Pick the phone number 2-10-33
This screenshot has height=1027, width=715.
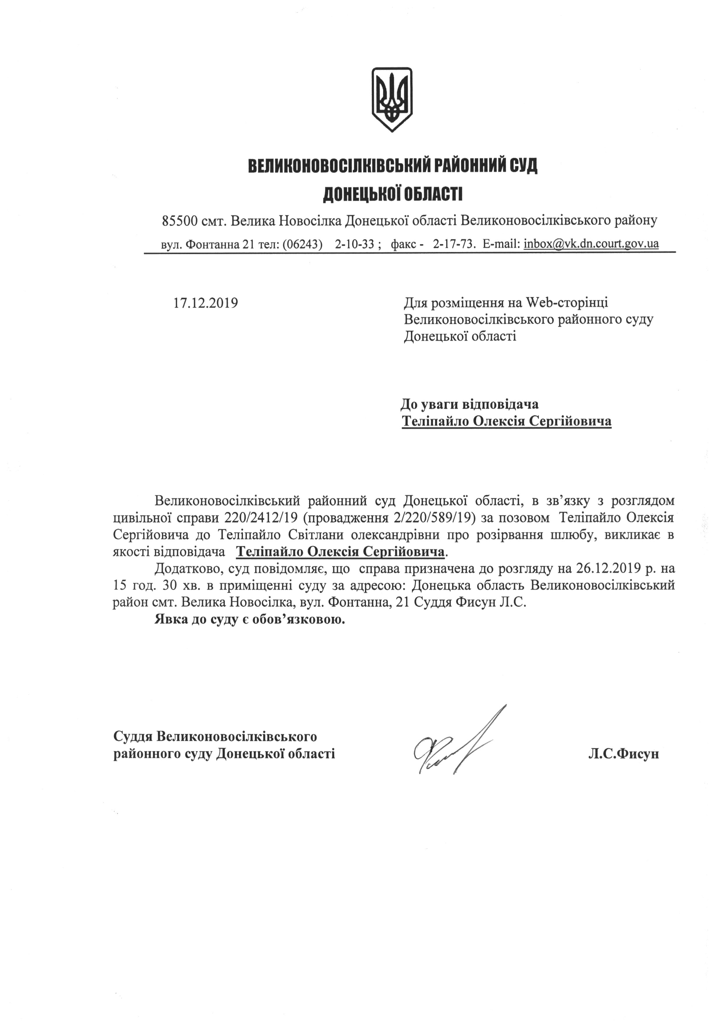355,244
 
